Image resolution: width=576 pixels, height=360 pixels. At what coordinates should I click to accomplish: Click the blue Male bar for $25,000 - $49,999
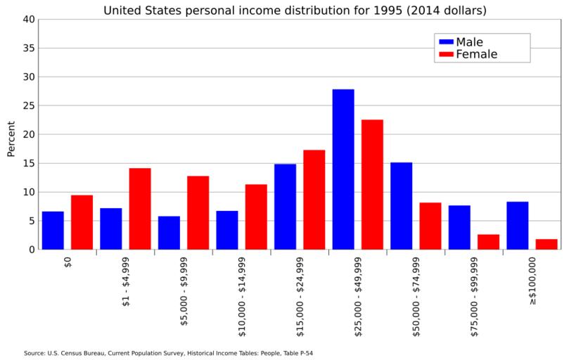[343, 169]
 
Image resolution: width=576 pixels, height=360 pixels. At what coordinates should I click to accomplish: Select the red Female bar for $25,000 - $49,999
[372, 184]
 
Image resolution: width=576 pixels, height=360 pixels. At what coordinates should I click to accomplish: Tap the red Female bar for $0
[82, 222]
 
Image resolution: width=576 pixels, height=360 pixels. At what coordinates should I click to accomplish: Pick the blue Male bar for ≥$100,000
[517, 226]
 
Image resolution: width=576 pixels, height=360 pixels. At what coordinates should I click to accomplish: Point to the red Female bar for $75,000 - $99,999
[488, 242]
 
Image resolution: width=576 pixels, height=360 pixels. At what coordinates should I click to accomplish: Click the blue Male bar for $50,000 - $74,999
[401, 206]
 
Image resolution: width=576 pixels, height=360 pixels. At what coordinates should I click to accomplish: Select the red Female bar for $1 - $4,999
[140, 209]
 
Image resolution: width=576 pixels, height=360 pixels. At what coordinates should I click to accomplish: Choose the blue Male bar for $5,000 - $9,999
[169, 233]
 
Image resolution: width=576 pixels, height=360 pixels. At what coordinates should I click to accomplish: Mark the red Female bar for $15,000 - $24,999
[314, 200]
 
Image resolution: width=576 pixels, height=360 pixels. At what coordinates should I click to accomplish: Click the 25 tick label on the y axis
[28, 106]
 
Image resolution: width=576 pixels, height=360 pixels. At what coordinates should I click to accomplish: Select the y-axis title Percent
[11, 139]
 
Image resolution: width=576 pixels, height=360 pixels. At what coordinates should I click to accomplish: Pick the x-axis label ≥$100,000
[532, 281]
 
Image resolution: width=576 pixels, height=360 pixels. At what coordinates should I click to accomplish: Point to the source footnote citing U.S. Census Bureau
[168, 353]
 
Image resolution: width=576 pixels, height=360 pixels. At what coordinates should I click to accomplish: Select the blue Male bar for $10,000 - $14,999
[227, 230]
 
